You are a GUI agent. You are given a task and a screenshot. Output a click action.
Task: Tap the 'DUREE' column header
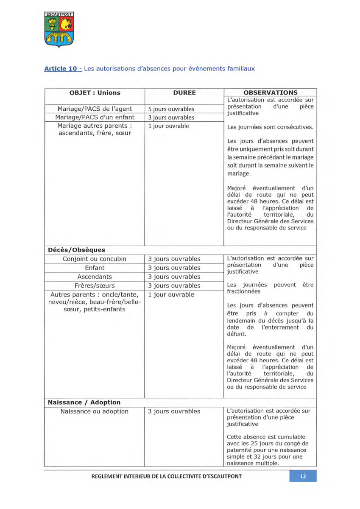click(184, 93)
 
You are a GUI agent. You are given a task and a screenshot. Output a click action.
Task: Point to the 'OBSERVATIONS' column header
click(270, 93)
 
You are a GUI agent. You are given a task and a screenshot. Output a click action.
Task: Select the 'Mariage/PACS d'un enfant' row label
click(95, 117)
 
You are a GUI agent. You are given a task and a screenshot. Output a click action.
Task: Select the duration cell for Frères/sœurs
click(174, 285)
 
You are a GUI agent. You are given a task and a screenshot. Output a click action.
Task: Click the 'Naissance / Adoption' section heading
click(84, 402)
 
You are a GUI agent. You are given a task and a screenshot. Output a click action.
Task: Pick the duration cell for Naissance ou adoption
click(174, 411)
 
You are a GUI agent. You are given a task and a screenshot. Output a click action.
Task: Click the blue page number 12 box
click(303, 476)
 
